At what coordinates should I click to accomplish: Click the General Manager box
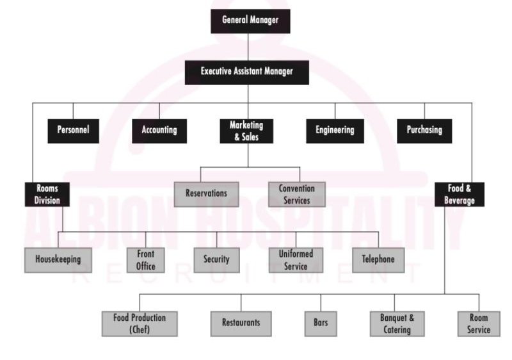pos(250,20)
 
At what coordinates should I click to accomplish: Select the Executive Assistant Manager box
pos(247,72)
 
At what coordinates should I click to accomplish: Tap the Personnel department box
pos(73,131)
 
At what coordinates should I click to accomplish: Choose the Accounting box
pos(159,131)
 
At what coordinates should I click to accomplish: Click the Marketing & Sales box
pos(246,131)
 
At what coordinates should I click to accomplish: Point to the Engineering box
pos(335,131)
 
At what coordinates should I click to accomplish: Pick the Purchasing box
pos(424,131)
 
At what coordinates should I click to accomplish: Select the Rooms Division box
pos(47,194)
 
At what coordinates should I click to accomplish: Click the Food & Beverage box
pos(460,194)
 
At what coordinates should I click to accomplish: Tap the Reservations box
pos(206,193)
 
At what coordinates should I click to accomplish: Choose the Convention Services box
pos(296,194)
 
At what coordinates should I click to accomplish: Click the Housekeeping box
pos(58,260)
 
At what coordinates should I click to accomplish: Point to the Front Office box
pos(145,260)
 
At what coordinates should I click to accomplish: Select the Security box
pos(216,260)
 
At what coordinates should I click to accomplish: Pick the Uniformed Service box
pos(295,260)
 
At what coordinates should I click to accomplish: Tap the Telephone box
pos(378,260)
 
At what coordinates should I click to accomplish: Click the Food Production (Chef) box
pos(140,323)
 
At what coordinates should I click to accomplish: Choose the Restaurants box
pos(241,323)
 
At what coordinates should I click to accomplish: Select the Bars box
pos(321,323)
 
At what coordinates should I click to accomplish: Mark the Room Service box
pos(478,323)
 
